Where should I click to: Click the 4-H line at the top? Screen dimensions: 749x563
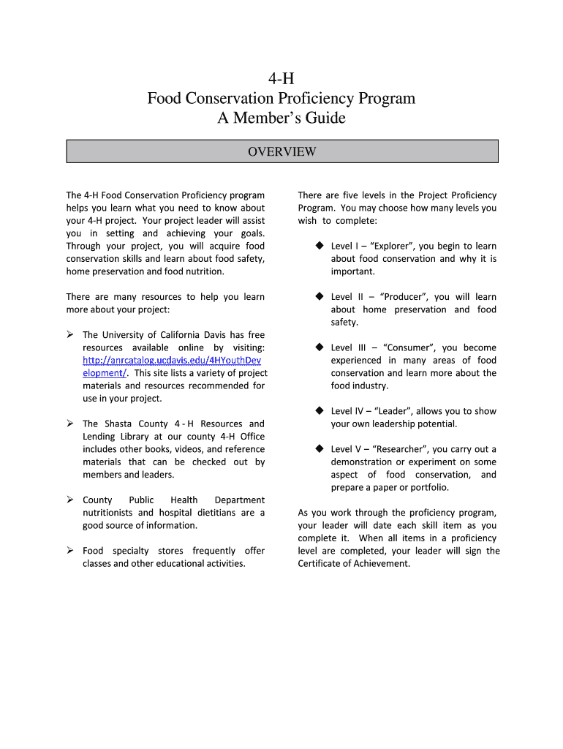coord(281,78)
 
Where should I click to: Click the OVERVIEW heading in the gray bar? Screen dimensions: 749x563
coord(281,152)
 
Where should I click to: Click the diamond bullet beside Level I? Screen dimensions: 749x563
coord(320,246)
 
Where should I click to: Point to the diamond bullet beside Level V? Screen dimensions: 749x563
coord(320,449)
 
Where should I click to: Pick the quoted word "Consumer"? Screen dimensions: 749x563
coord(409,348)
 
